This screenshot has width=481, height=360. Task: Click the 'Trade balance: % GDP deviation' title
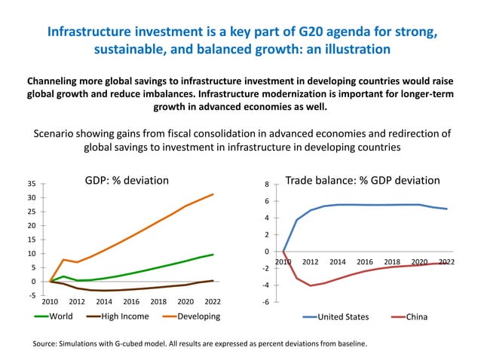[363, 181]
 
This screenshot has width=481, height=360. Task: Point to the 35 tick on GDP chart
[31, 184]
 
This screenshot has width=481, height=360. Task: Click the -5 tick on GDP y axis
[32, 295]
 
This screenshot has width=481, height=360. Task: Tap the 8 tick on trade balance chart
[265, 185]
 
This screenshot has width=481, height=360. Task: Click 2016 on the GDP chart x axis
[131, 301]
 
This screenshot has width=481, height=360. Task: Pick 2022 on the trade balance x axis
[446, 261]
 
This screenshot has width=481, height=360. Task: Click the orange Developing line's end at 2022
[213, 194]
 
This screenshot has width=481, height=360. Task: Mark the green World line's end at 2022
[213, 255]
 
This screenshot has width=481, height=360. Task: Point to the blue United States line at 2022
[446, 209]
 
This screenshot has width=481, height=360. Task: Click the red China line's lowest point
[311, 285]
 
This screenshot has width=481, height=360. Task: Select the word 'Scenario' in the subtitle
[56, 133]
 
